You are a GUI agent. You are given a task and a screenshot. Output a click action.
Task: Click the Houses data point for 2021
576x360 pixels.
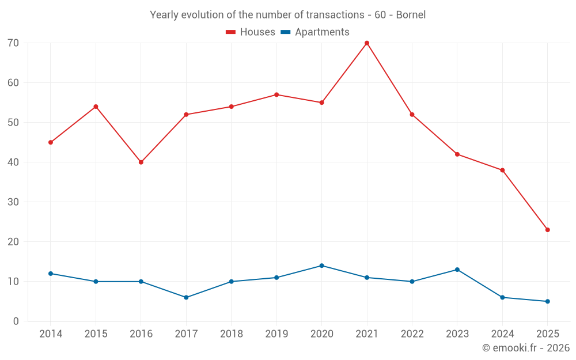[x=367, y=43]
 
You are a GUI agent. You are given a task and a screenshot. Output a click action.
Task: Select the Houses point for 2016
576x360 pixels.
[x=141, y=162]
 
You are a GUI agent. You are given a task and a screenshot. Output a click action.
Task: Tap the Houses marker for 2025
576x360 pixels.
[x=548, y=230]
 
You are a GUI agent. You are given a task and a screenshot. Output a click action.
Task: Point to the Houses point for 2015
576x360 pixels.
[x=96, y=107]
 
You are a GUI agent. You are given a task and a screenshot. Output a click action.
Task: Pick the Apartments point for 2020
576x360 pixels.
[x=321, y=266]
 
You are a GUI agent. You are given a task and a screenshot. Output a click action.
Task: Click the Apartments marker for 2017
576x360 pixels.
[x=186, y=297]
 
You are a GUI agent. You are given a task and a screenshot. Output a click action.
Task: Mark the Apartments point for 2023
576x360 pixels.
[x=457, y=270]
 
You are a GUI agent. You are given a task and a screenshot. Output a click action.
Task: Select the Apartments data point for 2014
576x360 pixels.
[x=51, y=274]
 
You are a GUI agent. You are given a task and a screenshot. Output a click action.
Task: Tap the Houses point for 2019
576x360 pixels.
[x=276, y=94]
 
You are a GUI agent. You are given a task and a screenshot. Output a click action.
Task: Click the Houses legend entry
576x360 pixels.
[x=251, y=32]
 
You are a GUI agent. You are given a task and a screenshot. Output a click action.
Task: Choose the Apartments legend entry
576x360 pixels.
[x=315, y=32]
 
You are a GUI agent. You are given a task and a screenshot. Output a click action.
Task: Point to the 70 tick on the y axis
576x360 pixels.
[x=13, y=43]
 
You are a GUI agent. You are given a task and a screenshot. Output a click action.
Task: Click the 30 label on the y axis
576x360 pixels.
[x=13, y=202]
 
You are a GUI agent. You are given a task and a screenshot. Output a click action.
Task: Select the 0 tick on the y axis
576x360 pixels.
[x=16, y=321]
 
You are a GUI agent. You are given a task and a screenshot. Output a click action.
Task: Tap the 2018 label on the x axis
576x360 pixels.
[x=231, y=334]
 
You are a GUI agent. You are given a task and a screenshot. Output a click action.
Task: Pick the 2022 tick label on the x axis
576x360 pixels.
[x=412, y=334]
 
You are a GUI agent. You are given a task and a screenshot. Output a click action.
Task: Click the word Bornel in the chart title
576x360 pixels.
[x=411, y=15]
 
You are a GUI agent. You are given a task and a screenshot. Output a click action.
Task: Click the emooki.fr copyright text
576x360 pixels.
[x=526, y=348]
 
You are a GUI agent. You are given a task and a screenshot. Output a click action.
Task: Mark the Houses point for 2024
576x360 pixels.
[x=502, y=170]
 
